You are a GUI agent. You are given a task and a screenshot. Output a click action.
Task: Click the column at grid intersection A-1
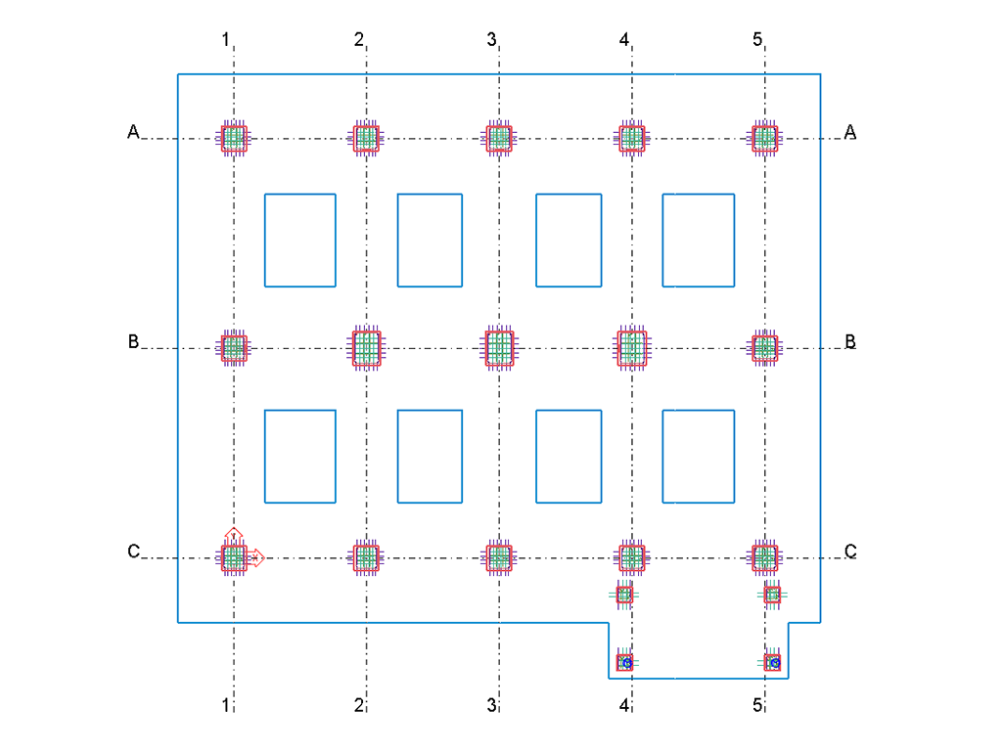click(x=234, y=138)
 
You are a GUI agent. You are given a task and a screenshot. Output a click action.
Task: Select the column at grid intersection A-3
click(x=499, y=138)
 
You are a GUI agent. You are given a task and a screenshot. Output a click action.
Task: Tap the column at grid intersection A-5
click(x=765, y=138)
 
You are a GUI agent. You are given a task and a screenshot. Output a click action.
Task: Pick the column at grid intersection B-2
click(x=367, y=348)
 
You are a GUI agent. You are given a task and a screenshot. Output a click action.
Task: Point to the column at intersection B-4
click(x=632, y=348)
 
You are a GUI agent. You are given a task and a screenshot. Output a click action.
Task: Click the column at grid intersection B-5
click(x=765, y=348)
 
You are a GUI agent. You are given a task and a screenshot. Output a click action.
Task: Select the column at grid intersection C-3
click(x=499, y=557)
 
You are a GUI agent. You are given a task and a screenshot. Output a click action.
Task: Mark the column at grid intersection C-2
click(x=367, y=557)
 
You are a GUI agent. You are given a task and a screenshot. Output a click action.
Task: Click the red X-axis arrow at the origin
click(x=255, y=557)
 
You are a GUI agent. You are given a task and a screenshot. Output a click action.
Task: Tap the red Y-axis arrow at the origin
click(x=234, y=536)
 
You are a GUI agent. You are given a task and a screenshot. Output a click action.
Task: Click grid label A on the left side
click(x=133, y=132)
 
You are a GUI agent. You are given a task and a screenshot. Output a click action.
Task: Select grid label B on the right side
click(x=850, y=341)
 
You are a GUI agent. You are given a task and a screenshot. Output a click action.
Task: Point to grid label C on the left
click(x=133, y=552)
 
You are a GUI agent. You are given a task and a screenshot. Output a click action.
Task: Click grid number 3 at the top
click(x=491, y=39)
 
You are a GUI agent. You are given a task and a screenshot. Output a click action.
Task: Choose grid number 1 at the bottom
click(x=226, y=705)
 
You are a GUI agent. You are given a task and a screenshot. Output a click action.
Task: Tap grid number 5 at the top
click(x=757, y=39)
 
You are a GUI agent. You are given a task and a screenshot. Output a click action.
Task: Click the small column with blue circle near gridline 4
click(x=625, y=663)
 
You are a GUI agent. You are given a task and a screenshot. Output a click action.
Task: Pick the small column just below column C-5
click(x=772, y=596)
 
